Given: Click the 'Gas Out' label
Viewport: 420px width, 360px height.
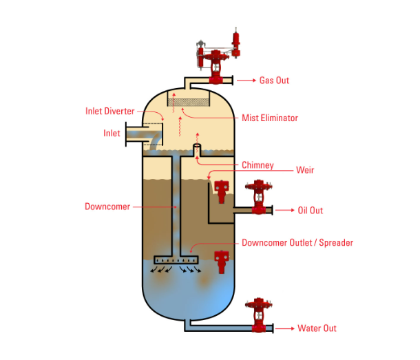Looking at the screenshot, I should (x=274, y=81).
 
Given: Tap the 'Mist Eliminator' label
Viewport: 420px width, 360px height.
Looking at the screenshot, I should (x=270, y=118).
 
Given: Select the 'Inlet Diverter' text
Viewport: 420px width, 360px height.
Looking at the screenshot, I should (x=109, y=111).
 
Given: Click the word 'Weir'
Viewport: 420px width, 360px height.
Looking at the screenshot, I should (x=305, y=169).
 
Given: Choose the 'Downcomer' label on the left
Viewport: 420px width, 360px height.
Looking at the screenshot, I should (x=107, y=207).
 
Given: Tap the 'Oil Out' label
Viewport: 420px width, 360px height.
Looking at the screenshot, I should (x=310, y=211).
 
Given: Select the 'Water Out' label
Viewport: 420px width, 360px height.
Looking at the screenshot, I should (x=317, y=328).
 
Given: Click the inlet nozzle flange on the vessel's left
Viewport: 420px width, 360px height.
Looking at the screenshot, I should (x=127, y=134).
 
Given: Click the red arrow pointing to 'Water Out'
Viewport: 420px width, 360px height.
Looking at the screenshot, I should (x=285, y=328).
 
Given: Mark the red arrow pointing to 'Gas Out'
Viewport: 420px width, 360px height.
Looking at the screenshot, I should (x=246, y=81).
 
